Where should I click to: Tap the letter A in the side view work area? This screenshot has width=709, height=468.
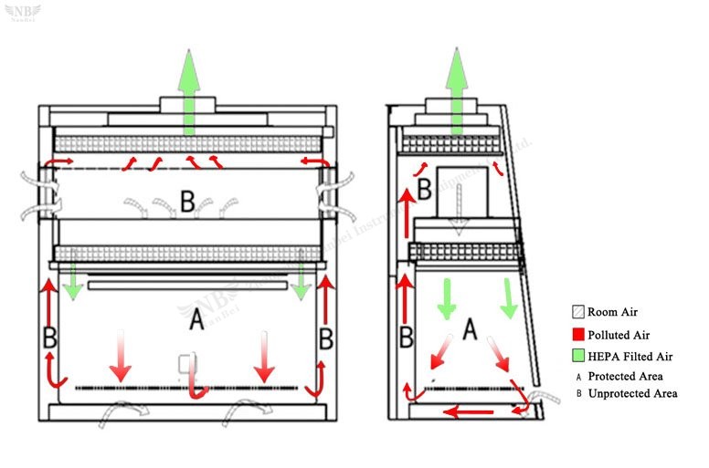coord(470,328)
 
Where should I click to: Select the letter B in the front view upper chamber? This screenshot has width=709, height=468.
coord(186,202)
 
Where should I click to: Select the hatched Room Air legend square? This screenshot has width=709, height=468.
coord(577,311)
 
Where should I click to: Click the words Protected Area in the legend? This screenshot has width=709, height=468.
coord(625,376)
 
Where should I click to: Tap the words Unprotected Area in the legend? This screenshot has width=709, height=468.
coord(632,393)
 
